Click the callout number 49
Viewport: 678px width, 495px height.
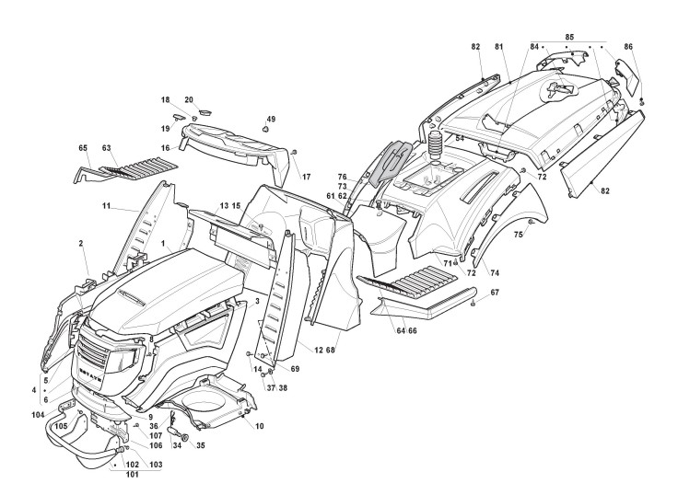coord(271,120)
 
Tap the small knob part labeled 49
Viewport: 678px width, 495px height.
coord(266,131)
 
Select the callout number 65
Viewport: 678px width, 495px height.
coord(82,147)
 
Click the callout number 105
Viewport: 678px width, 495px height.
coord(61,425)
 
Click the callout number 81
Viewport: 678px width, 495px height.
coord(498,46)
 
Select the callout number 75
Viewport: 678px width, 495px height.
coord(518,236)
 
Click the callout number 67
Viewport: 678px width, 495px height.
coord(494,293)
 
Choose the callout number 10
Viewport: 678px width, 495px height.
coord(259,426)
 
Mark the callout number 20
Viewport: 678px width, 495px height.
coord(189,99)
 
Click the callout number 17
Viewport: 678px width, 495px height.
coord(307,176)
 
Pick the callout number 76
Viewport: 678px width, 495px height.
coord(341,176)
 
